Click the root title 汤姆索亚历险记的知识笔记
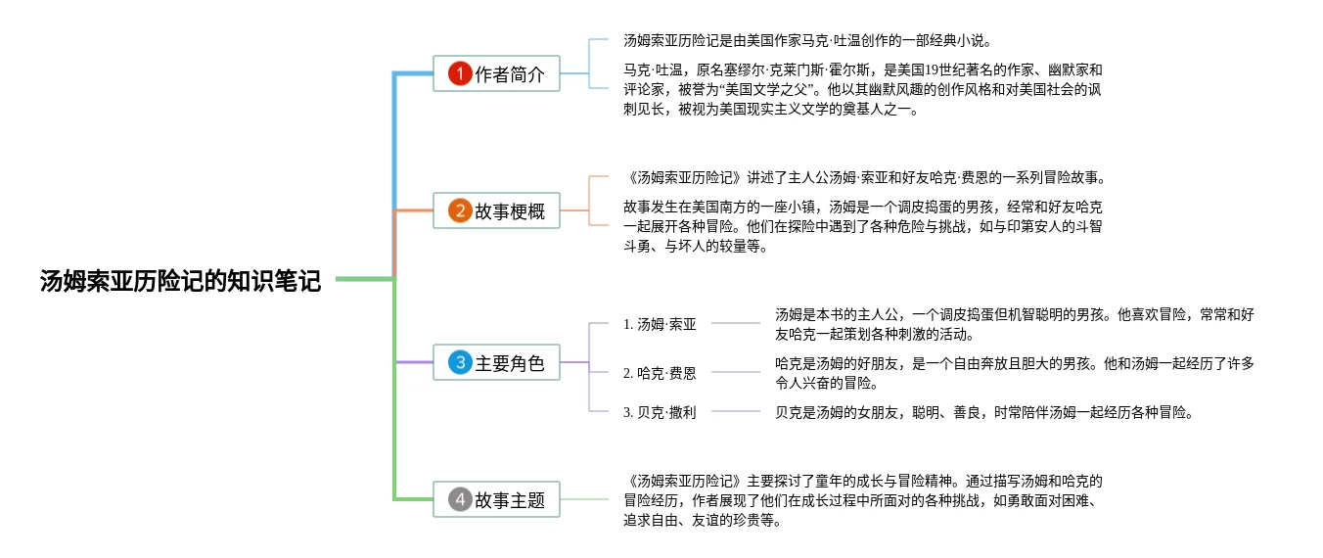(x=180, y=281)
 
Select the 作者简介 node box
(x=496, y=73)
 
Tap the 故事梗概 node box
(x=496, y=210)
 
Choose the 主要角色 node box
(x=496, y=362)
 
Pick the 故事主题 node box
(x=496, y=499)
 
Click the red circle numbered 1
(x=460, y=73)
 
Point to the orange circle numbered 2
(x=460, y=211)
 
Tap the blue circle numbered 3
(x=460, y=362)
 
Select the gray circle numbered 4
(x=460, y=499)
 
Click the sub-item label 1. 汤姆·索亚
(x=660, y=324)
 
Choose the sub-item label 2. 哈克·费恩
(x=660, y=373)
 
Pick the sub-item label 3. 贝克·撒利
(x=660, y=412)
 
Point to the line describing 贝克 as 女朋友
(x=984, y=412)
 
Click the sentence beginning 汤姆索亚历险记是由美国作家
(x=807, y=40)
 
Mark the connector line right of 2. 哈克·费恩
(x=735, y=372)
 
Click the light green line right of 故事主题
(x=584, y=499)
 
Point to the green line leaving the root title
(x=365, y=279)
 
